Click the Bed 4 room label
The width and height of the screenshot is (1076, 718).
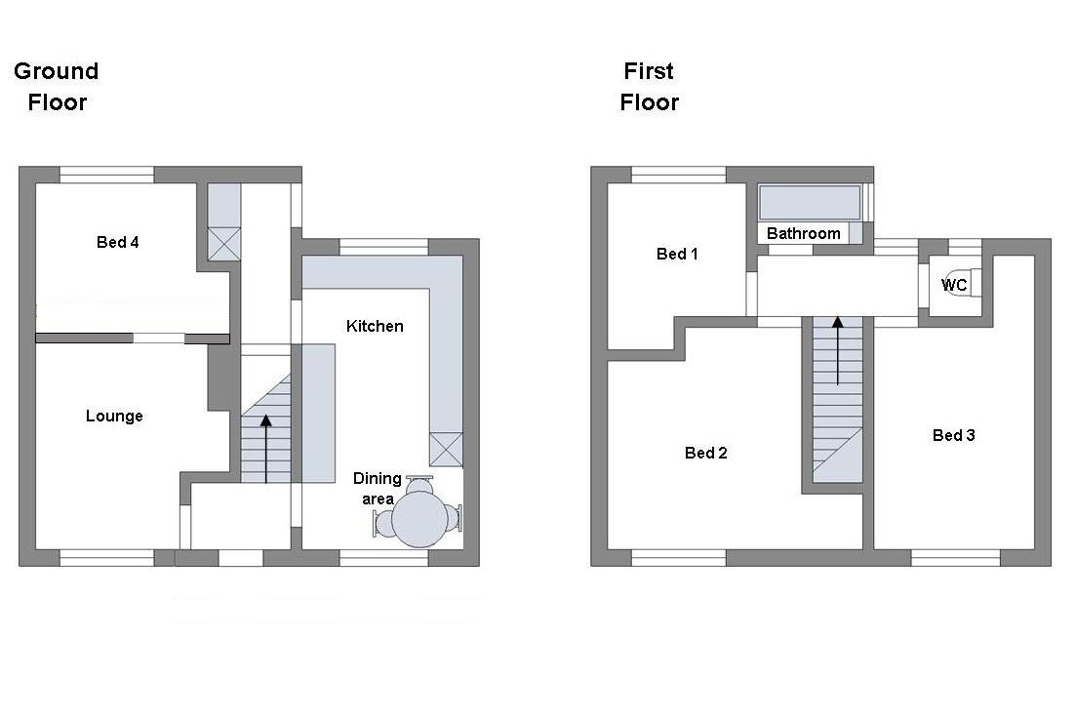coord(117,242)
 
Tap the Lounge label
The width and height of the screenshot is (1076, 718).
coord(114,416)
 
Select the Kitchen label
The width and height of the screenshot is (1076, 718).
coord(375,326)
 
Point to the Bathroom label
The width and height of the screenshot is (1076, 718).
coord(804,233)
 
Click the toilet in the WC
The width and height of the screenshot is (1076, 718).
coord(960,282)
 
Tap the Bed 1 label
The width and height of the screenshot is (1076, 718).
coord(677,254)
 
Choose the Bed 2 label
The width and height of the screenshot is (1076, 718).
coord(705,453)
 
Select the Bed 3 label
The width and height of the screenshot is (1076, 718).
coord(953,435)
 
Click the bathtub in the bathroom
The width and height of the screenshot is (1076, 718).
coord(810,203)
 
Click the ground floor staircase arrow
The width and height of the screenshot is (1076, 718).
coord(266,449)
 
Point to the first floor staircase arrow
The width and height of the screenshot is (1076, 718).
coord(837,350)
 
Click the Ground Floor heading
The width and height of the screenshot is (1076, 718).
coord(57,87)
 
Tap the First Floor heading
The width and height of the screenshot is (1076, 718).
coord(649,87)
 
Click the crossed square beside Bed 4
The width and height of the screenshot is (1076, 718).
coord(223,244)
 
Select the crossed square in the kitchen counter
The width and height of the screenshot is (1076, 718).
coord(446,450)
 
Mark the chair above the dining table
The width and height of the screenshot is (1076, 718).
coord(419,484)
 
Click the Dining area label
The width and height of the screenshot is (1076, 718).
coord(378,488)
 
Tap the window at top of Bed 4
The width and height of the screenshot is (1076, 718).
coord(106,175)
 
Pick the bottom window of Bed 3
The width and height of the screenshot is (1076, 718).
coord(955,558)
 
